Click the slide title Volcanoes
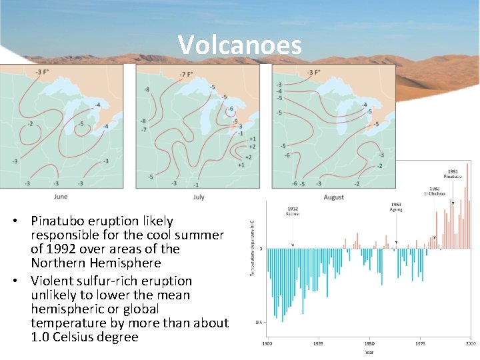pos(239,45)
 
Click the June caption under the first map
pos(61,197)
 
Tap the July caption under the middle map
pos(199,197)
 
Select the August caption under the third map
pos(333,197)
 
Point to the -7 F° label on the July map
pos(186,73)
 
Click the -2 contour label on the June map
pos(30,124)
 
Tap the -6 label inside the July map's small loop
pos(231,109)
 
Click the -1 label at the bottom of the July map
pos(195,184)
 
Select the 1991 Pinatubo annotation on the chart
pos(452,173)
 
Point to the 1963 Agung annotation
pos(396,207)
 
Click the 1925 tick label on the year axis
pos(317,343)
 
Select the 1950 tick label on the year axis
pos(369,343)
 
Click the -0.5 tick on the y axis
pos(258,322)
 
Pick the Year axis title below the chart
pos(369,352)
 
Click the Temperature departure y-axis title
pos(251,247)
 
